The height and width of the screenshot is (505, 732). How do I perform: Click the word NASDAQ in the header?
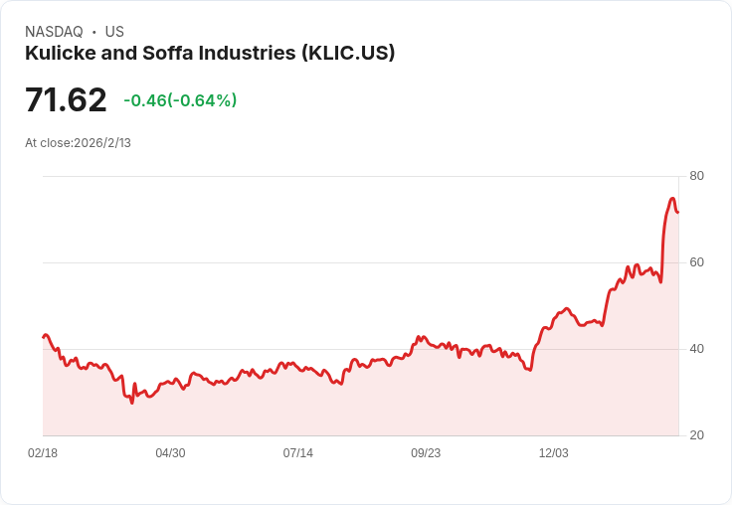[54, 32]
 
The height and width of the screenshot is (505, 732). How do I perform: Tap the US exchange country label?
[114, 32]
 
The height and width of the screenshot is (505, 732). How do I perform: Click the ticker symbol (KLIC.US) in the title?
[348, 54]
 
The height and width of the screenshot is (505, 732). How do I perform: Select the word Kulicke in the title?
[59, 54]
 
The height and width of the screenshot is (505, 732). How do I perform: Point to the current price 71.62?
[66, 100]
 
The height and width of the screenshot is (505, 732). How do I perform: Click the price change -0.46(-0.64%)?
[180, 100]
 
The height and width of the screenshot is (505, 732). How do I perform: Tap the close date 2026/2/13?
[102, 143]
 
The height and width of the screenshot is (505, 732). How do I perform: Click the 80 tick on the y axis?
[696, 176]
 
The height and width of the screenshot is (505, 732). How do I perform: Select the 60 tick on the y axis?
[696, 262]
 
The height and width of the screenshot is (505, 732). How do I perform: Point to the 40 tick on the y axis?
[696, 349]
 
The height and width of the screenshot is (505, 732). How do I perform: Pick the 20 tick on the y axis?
[696, 435]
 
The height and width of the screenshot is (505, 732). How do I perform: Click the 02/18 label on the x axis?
[43, 453]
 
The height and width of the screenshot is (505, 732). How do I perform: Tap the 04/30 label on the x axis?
[170, 453]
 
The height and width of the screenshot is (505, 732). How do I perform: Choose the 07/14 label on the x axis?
[297, 453]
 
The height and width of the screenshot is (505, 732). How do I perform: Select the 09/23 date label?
[426, 453]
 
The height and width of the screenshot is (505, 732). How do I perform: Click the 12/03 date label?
[553, 453]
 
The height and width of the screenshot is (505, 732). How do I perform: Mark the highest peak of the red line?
[672, 199]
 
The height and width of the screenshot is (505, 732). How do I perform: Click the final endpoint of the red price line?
[677, 212]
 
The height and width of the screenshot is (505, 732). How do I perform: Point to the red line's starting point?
[43, 337]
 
